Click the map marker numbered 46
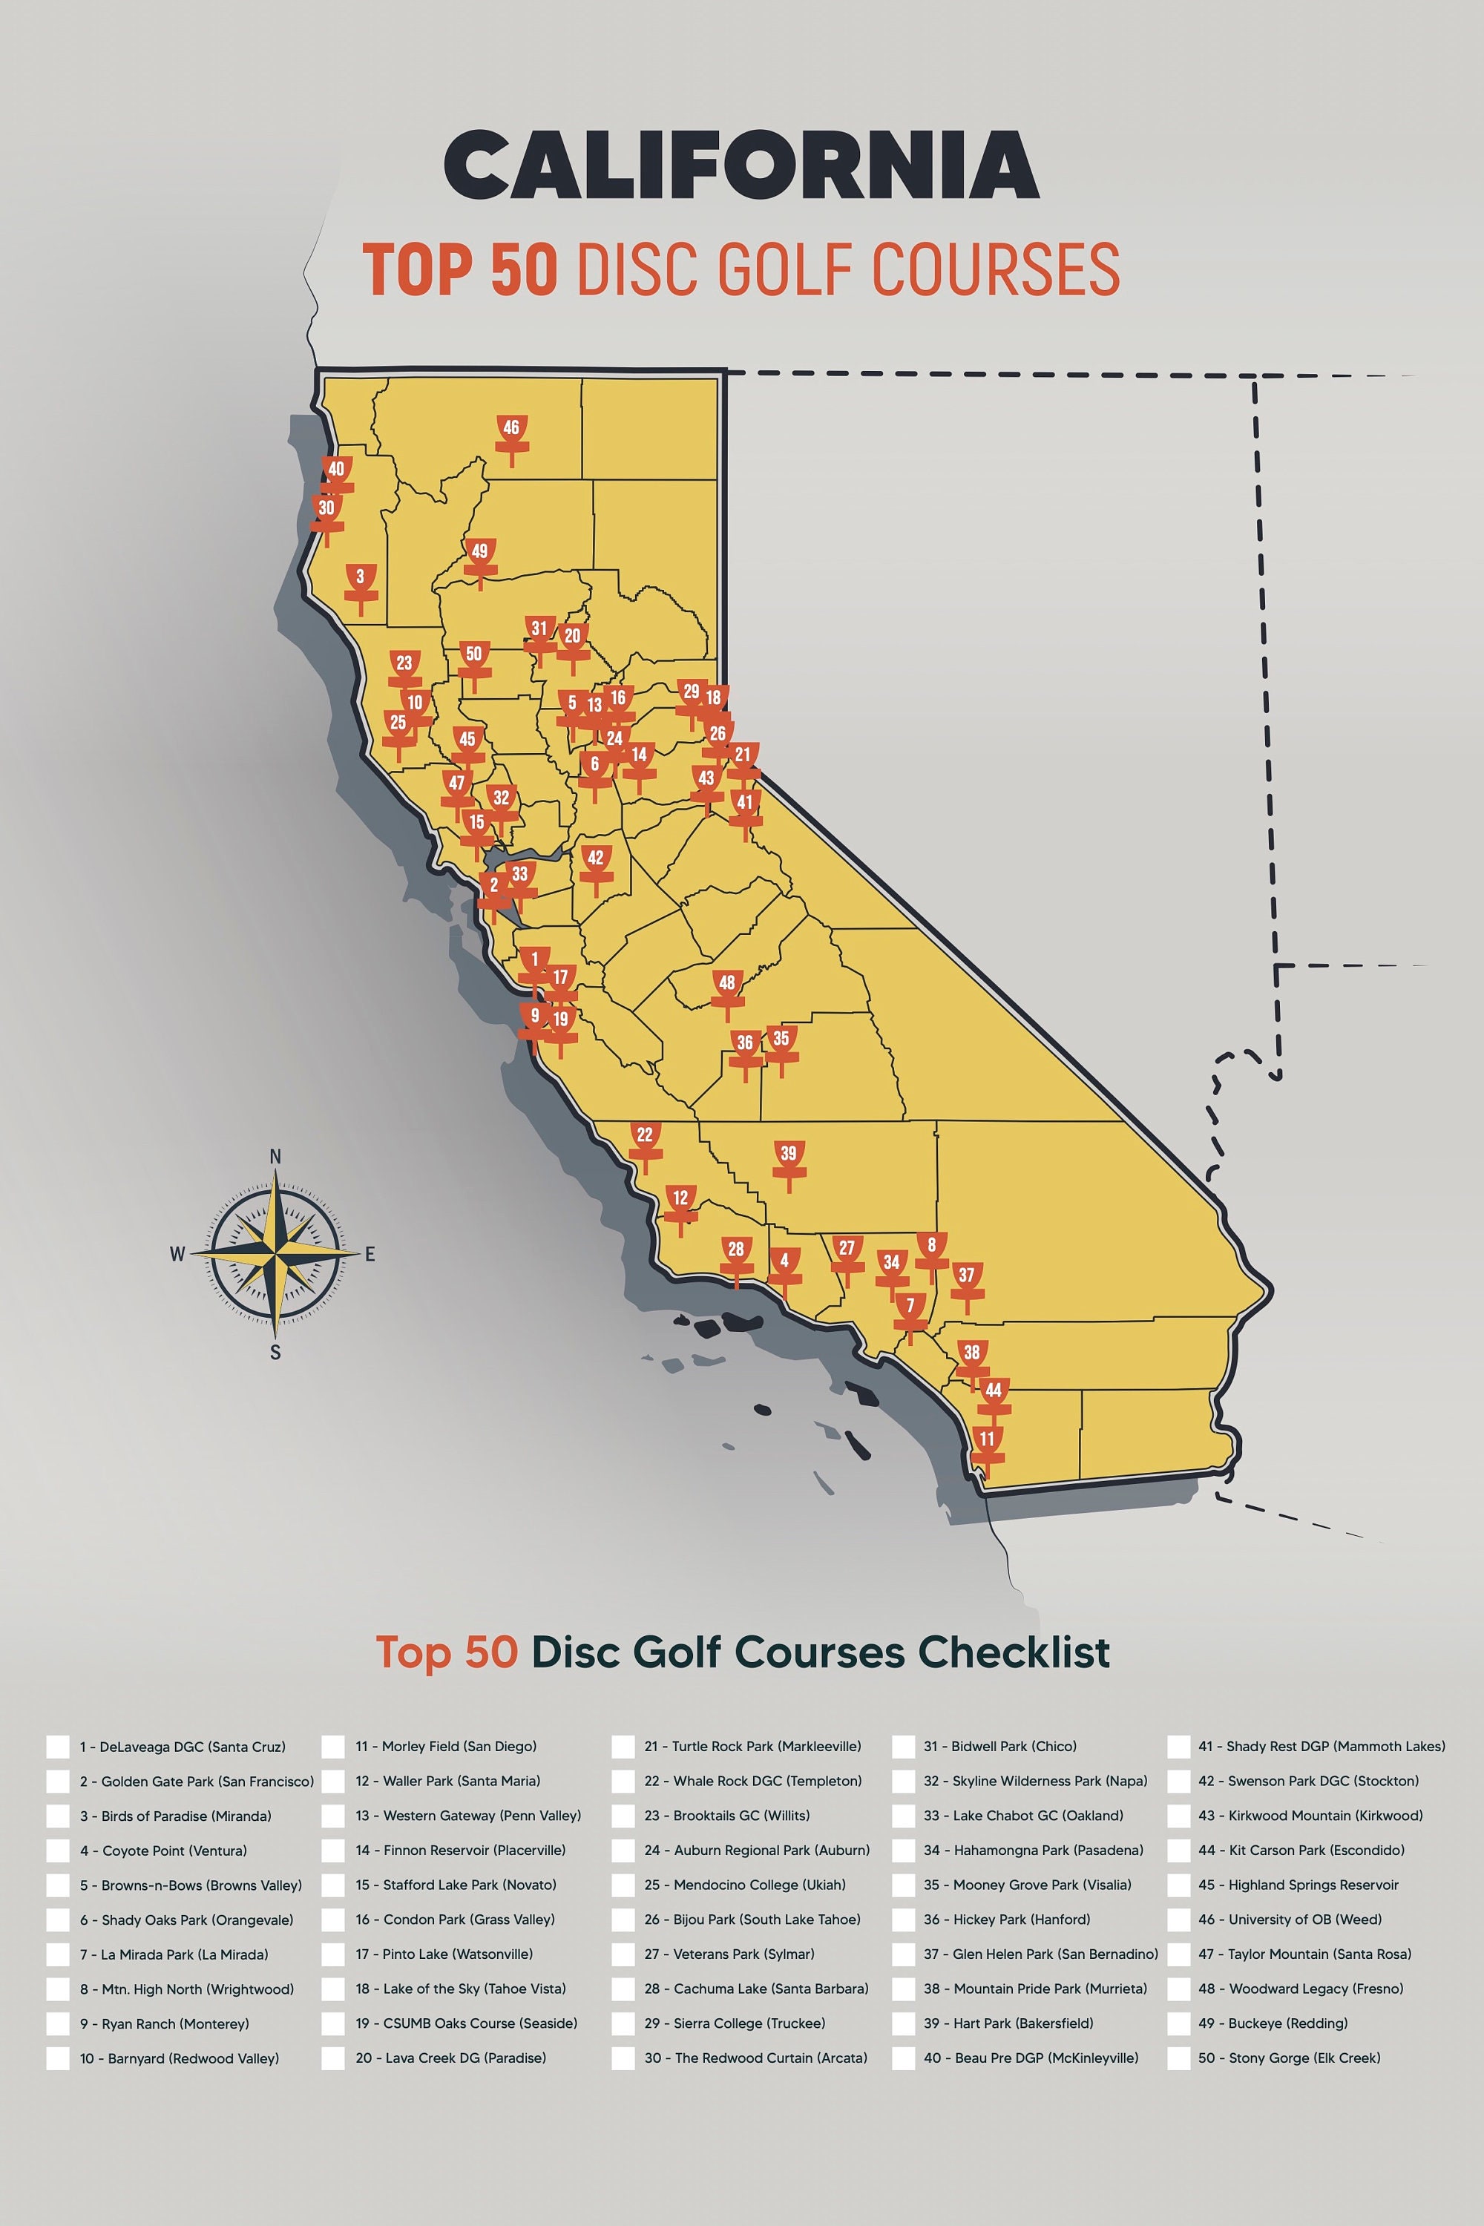[512, 434]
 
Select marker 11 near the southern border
[987, 1446]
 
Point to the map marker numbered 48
[727, 990]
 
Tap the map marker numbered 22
[645, 1141]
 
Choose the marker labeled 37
[966, 1281]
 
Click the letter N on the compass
[275, 1157]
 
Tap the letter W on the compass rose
[177, 1255]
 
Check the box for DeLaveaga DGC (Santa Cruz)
[58, 1746]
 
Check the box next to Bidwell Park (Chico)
[903, 1746]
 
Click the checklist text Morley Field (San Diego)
[446, 1746]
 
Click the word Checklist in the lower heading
[1014, 1652]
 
